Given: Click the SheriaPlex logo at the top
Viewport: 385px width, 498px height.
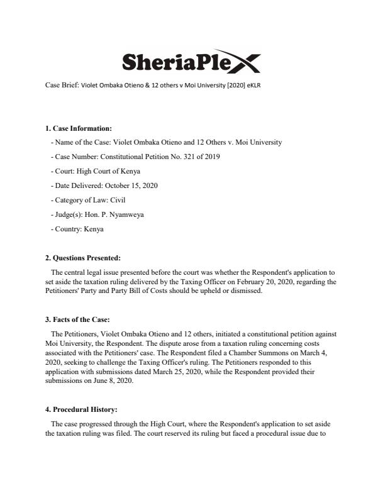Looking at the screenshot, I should pyautogui.click(x=191, y=62).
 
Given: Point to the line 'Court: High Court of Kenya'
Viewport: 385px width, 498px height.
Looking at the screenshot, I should pyautogui.click(x=96, y=170).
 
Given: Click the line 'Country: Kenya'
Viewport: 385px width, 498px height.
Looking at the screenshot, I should pyautogui.click(x=77, y=229).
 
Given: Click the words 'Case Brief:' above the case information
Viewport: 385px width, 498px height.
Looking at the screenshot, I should pyautogui.click(x=61, y=86).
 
